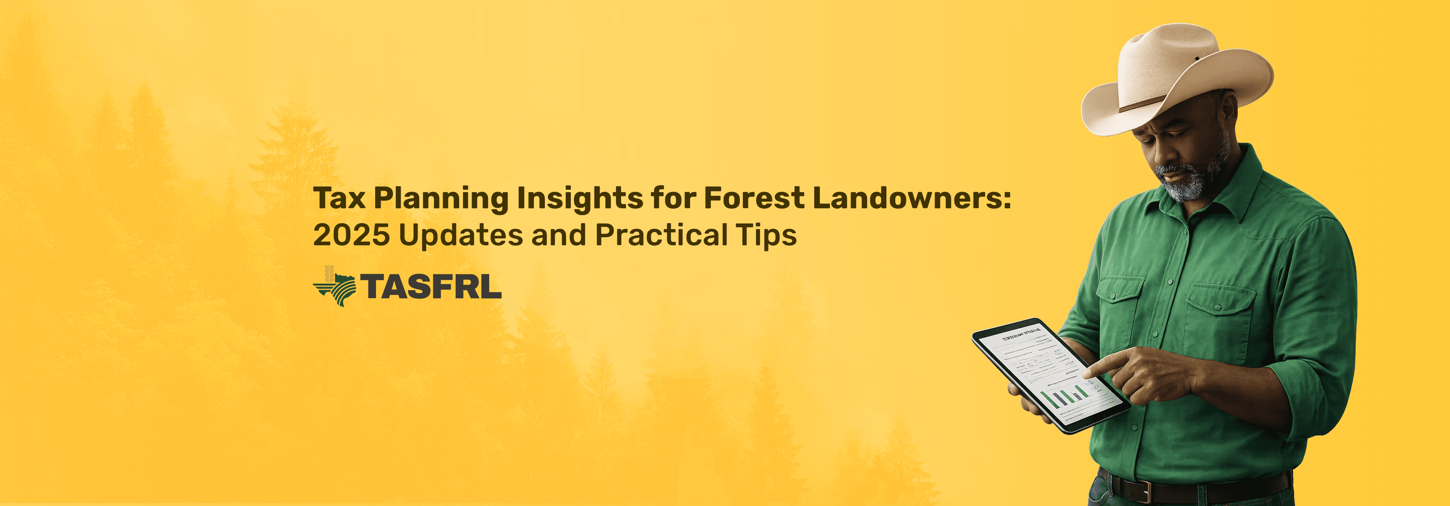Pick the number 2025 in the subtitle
point(351,235)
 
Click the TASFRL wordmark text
point(430,286)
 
